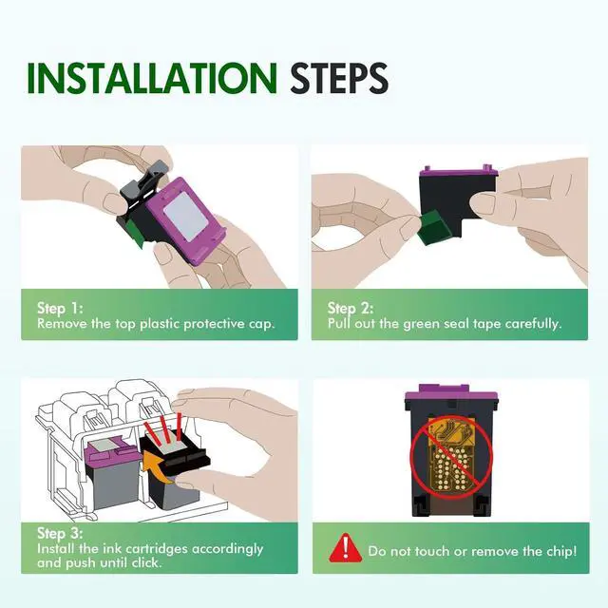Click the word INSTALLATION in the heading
tap(152, 78)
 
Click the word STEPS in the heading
tap(339, 78)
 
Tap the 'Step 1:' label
tap(60, 308)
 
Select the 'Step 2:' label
tap(351, 308)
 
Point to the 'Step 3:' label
tap(60, 533)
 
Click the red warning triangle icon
tap(345, 548)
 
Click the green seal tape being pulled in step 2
tap(435, 228)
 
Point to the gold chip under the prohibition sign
tap(451, 455)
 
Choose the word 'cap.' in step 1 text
tap(262, 325)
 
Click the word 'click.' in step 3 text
tap(146, 562)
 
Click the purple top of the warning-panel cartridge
tap(451, 393)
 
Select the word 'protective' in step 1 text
tap(214, 324)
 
